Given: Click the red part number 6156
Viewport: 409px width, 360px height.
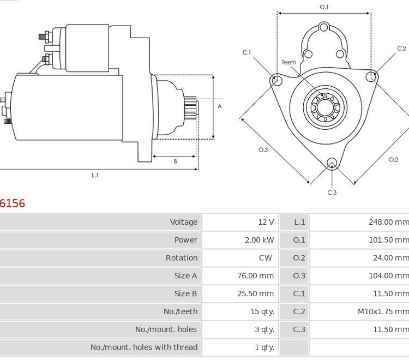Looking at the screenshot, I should pyautogui.click(x=13, y=203).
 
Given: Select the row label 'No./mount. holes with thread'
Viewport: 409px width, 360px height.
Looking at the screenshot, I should pyautogui.click(x=144, y=347).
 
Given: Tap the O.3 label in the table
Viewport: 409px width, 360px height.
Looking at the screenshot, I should pyautogui.click(x=299, y=276).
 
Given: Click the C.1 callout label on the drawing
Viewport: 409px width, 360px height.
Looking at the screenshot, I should pyautogui.click(x=247, y=52).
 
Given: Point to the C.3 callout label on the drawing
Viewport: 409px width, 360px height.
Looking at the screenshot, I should pyautogui.click(x=332, y=192).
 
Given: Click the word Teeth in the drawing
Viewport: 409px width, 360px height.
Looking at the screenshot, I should pyautogui.click(x=289, y=62).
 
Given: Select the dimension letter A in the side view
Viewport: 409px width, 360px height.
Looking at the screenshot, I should pyautogui.click(x=220, y=106).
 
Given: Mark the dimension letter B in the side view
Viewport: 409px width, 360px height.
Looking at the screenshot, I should pyautogui.click(x=175, y=161).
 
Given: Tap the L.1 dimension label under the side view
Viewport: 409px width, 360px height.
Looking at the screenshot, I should pyautogui.click(x=95, y=175).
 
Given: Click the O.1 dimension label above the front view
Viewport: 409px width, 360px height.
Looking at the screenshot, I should pyautogui.click(x=324, y=7).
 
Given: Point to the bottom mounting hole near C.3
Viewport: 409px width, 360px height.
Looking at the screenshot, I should pyautogui.click(x=332, y=163).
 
